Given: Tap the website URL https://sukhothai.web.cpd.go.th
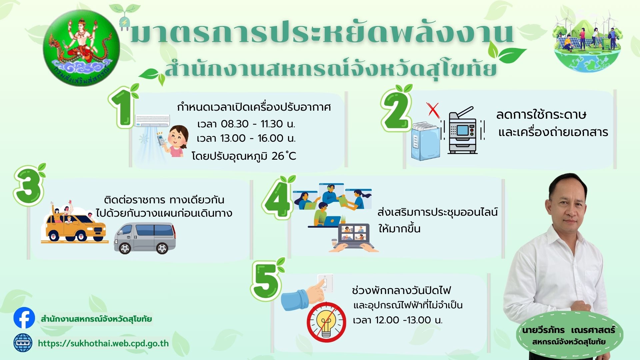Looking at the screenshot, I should click(103, 343).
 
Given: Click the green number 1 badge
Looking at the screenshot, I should click(122, 107).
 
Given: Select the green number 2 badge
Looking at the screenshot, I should click(396, 110).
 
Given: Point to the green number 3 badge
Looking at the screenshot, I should click(29, 187).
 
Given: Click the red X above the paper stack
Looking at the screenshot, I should click(433, 110).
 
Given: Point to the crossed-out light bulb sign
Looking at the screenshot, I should click(326, 322).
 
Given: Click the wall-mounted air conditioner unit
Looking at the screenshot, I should click(152, 120).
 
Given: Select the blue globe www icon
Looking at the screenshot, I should click(23, 343).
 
